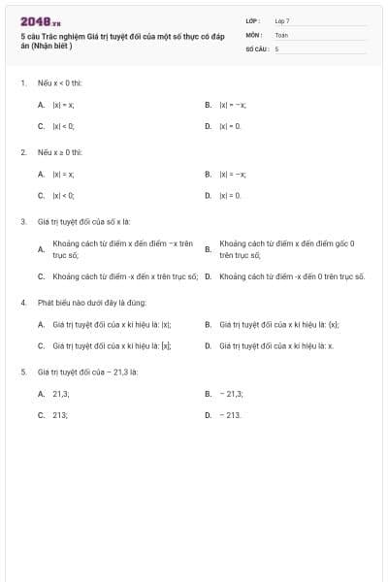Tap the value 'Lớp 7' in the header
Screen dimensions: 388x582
click(x=281, y=20)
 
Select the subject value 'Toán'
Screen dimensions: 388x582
click(x=281, y=34)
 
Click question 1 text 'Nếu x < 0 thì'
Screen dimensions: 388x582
click(x=59, y=83)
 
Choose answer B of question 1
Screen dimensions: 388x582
click(x=232, y=105)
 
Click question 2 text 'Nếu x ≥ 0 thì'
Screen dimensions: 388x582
click(x=60, y=153)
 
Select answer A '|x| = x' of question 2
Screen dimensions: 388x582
click(x=63, y=175)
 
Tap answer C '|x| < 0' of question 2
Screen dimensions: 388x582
click(x=63, y=196)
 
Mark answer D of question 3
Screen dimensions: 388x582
click(x=291, y=276)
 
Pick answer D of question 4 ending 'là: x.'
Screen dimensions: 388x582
click(x=276, y=345)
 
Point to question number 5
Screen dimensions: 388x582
click(x=23, y=372)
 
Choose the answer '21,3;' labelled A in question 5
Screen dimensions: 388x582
click(x=61, y=394)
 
